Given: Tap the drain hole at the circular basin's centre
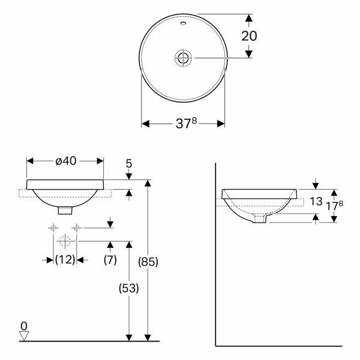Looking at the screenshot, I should [182, 58].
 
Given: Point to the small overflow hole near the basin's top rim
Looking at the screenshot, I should [182, 26].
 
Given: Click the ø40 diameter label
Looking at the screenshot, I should [65, 161].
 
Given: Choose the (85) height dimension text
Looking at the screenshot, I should [149, 262].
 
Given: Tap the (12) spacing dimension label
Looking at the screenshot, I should [65, 260].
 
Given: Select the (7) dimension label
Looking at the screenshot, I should [110, 260].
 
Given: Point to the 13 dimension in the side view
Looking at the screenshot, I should [317, 202].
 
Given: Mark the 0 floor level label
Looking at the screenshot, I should [24, 326].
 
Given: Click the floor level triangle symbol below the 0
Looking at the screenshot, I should [24, 336].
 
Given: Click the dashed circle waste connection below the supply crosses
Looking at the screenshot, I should [65, 242].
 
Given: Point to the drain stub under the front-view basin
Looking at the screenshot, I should [65, 210].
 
